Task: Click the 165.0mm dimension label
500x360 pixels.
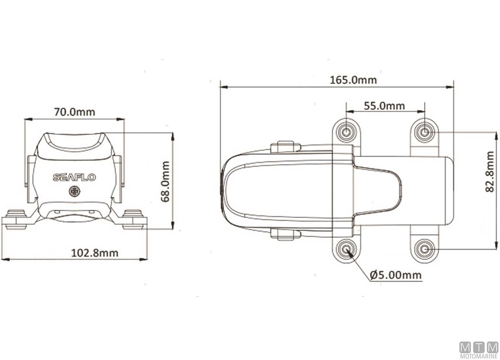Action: pos(353,80)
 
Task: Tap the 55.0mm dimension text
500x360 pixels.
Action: pos(384,105)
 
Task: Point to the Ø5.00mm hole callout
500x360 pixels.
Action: pos(395,275)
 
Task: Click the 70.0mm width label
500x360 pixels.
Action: pos(75,112)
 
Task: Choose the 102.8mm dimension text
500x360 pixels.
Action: pos(95,252)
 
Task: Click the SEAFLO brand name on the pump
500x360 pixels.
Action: pos(75,177)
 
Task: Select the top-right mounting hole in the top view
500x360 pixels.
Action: pos(425,132)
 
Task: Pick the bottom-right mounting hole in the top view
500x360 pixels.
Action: pos(425,249)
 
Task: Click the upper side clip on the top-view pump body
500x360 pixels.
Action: pos(285,147)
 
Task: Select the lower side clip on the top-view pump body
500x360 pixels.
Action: pos(285,234)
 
